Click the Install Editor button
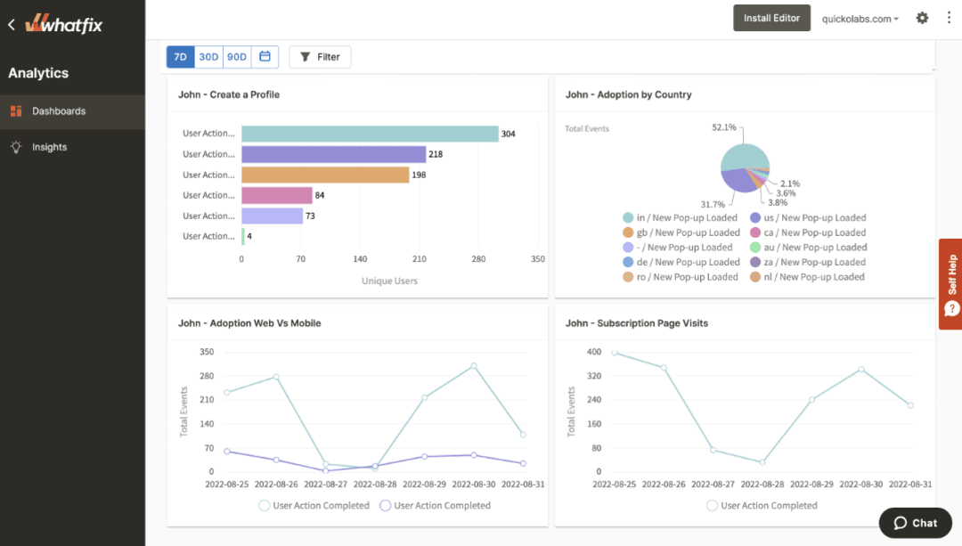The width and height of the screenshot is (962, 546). (771, 18)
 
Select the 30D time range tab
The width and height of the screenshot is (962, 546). (208, 57)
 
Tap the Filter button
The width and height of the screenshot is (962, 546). (320, 57)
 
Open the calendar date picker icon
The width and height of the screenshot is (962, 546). (265, 57)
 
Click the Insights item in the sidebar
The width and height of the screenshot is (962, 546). (49, 147)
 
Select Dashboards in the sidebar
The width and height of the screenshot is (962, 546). (59, 111)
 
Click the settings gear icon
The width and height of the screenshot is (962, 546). (922, 18)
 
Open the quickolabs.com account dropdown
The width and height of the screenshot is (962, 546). (860, 19)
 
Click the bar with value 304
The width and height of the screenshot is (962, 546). (370, 134)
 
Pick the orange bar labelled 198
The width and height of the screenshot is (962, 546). (325, 175)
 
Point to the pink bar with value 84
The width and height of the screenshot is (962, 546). (277, 195)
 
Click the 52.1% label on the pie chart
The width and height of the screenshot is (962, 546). (724, 127)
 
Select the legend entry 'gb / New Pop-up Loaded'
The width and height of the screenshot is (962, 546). (681, 232)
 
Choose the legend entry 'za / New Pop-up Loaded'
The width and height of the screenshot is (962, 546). (808, 262)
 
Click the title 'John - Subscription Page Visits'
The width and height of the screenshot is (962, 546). (637, 323)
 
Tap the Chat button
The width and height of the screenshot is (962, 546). (915, 523)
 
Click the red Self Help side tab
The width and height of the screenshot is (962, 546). (950, 284)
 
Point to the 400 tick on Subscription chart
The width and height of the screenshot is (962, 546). (594, 352)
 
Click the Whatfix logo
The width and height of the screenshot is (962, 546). (64, 24)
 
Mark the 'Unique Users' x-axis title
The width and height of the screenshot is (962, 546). (389, 281)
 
